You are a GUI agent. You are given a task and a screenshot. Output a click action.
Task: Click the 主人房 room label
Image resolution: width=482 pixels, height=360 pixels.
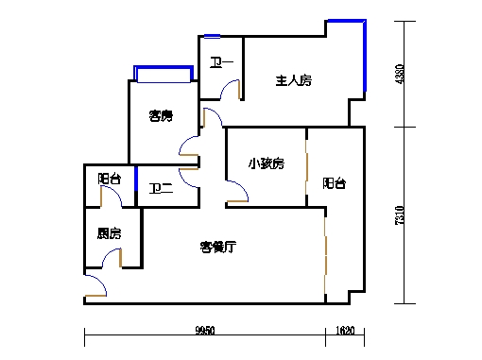pyautogui.click(x=293, y=81)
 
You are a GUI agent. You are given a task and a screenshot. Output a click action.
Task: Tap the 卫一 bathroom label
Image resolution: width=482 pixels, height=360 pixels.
pyautogui.click(x=220, y=64)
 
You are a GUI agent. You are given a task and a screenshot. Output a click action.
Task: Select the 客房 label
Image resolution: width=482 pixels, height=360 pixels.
pyautogui.click(x=161, y=116)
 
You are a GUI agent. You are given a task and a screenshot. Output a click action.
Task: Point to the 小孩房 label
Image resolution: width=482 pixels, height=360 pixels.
pyautogui.click(x=267, y=163)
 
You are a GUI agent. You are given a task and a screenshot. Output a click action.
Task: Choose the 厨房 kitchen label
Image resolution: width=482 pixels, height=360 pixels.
pyautogui.click(x=109, y=233)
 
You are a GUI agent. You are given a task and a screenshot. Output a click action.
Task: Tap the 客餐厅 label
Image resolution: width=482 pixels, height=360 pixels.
pyautogui.click(x=217, y=247)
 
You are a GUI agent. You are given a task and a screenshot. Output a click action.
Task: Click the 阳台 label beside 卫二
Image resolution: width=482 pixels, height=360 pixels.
pyautogui.click(x=109, y=180)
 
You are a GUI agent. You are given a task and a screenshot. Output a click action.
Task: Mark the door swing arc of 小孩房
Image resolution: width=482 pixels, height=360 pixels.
pyautogui.click(x=237, y=193)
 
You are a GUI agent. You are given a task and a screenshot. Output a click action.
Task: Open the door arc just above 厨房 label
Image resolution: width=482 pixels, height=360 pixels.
pyautogui.click(x=112, y=197)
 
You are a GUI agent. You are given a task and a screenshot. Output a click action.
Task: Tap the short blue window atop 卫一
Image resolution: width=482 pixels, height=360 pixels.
pyautogui.click(x=212, y=36)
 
